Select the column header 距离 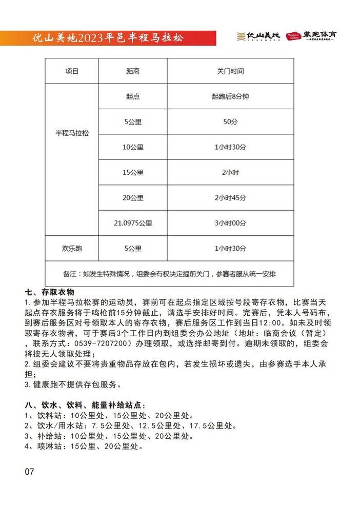coord(133,71)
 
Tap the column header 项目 coord(72,71)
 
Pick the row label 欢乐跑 coord(72,248)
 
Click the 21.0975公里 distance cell coord(133,223)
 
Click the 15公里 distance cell coord(133,172)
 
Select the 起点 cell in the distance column coord(133,96)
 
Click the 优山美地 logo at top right coord(258,36)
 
